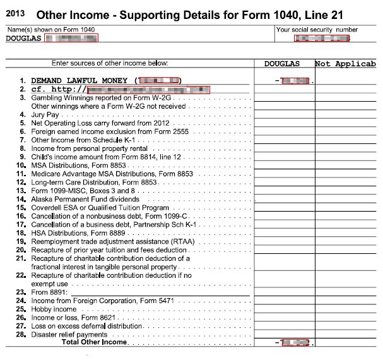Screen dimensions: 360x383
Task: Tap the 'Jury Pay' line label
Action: pyautogui.click(x=46, y=116)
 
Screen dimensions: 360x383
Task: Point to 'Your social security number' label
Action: pyautogui.click(x=317, y=30)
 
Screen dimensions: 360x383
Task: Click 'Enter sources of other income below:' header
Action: pyautogui.click(x=110, y=64)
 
